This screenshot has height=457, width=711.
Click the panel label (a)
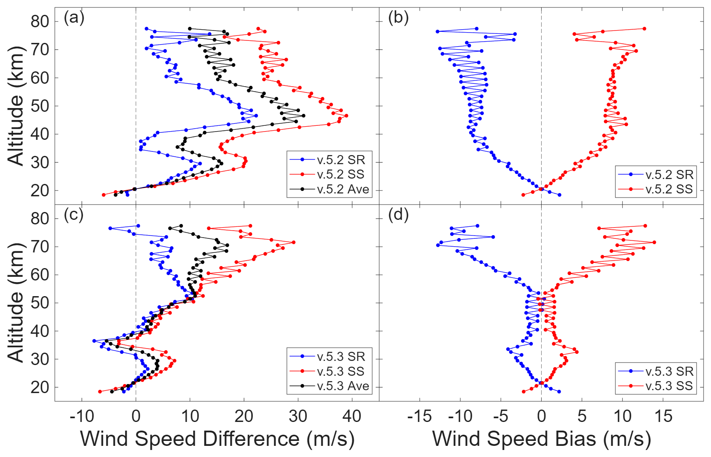point(74,18)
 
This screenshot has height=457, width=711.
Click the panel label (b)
point(398,18)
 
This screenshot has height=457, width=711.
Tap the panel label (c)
point(74,214)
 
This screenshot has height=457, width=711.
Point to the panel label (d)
point(398,214)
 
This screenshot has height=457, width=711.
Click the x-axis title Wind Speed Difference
point(217,438)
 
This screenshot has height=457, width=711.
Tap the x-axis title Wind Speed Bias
point(541,438)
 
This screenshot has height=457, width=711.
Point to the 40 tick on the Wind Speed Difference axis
point(352,416)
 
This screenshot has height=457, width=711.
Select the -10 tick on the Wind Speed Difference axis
point(82,416)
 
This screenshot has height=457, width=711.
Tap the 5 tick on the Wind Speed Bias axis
point(582,416)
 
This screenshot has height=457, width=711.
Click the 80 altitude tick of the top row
point(40,21)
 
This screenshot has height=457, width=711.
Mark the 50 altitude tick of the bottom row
point(40,303)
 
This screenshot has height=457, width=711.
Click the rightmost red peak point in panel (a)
point(346,116)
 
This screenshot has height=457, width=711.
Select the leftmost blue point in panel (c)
point(94,341)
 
